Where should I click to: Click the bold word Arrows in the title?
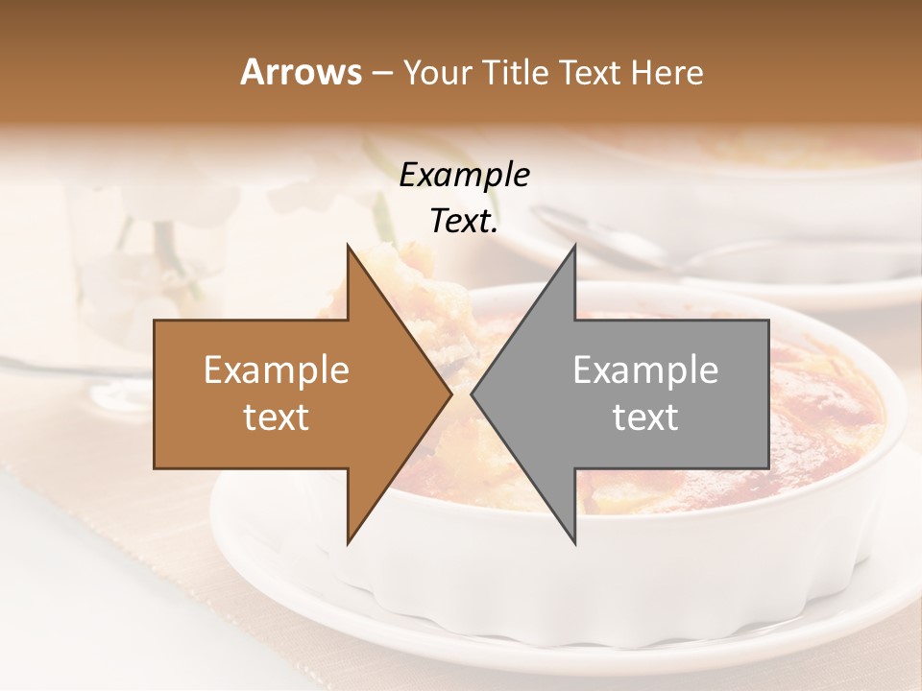click(301, 72)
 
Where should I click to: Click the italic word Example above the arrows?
click(464, 176)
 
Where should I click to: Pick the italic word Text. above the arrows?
click(464, 222)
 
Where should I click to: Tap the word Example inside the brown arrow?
click(276, 370)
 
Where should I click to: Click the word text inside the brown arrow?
click(276, 417)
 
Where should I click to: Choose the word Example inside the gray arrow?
click(645, 370)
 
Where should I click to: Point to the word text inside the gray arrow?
click(645, 417)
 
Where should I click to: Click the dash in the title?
click(380, 74)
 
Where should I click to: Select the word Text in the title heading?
click(590, 72)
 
